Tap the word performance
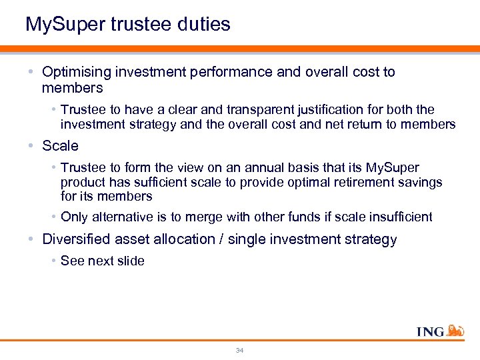[229, 72]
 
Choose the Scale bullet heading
[60, 145]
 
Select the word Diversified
[75, 239]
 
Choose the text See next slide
[102, 261]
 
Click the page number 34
[239, 350]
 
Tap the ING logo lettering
[431, 331]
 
